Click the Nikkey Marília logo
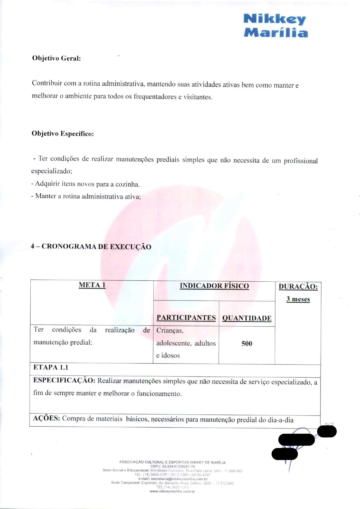point(275,26)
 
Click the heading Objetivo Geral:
point(56,58)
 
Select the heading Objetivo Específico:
point(63,134)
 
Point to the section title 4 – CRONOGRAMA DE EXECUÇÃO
point(91,247)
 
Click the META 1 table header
point(92,285)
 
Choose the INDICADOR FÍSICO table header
point(214,286)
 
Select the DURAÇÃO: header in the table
point(298,287)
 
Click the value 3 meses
point(298,299)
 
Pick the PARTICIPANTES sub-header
point(186,318)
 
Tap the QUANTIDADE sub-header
point(247,318)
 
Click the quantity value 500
point(247,343)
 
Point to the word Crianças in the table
point(170,330)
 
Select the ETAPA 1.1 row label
point(51,367)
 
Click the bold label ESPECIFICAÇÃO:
point(64,380)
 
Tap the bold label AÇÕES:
point(46,418)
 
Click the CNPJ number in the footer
point(178,466)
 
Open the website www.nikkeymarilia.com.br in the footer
point(172,491)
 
